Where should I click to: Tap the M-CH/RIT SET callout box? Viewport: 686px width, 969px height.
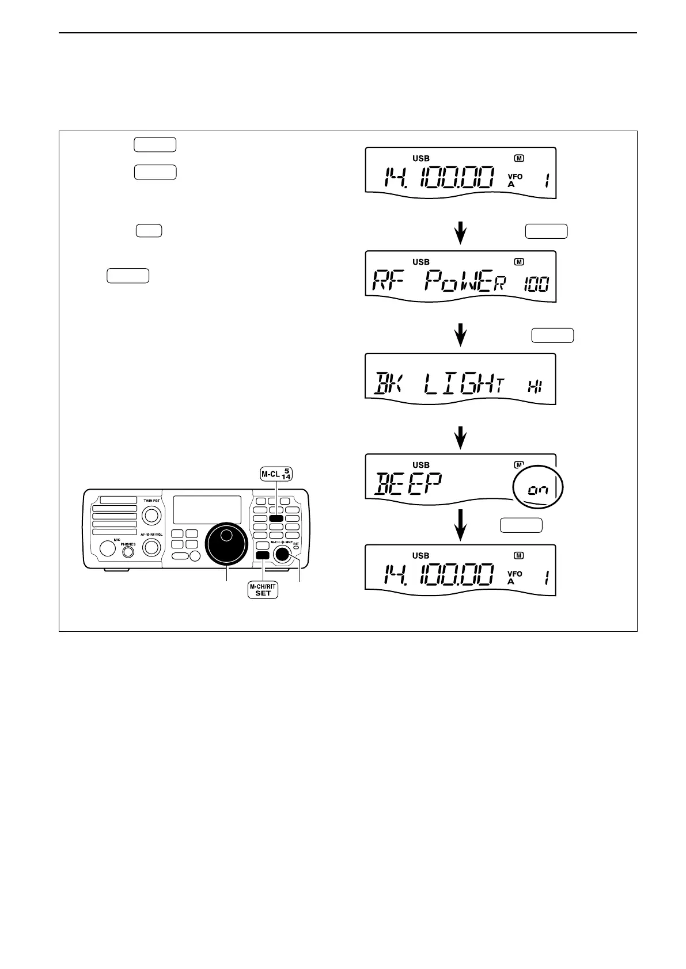(x=263, y=590)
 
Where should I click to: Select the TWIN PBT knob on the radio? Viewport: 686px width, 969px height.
(x=151, y=516)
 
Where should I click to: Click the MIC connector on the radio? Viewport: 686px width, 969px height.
(x=108, y=548)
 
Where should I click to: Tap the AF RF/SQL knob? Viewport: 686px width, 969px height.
(x=151, y=548)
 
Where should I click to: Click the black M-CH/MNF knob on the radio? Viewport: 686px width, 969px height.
(x=282, y=554)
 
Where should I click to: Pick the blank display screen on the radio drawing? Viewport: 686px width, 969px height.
(x=207, y=509)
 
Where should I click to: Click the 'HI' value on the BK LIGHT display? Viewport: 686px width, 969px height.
(x=535, y=387)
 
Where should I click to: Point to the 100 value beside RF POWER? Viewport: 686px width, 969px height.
(x=537, y=283)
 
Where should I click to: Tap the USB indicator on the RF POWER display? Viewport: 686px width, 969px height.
(x=421, y=262)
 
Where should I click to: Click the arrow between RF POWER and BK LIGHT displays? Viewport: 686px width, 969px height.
(x=460, y=333)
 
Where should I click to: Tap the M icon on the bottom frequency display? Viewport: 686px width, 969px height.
(x=519, y=555)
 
